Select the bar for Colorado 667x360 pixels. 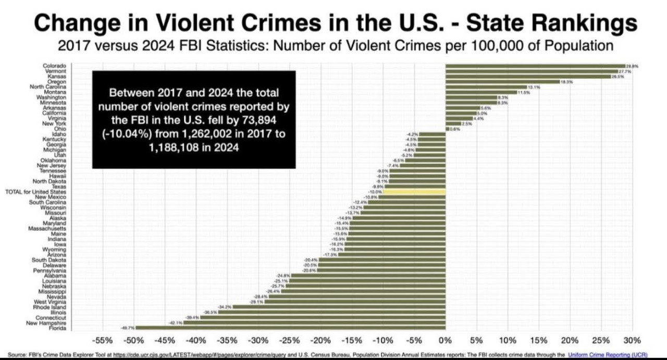(x=535, y=66)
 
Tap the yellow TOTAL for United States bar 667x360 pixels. (x=415, y=192)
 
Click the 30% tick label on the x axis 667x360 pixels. (x=632, y=341)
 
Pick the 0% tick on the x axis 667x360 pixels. (x=445, y=341)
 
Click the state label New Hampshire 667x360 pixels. (x=47, y=323)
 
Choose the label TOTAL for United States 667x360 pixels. (x=35, y=192)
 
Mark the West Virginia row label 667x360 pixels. (x=50, y=302)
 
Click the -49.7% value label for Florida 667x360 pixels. (x=128, y=328)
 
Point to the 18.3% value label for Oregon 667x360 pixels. (x=567, y=82)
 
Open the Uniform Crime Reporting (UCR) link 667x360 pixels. (x=607, y=355)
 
